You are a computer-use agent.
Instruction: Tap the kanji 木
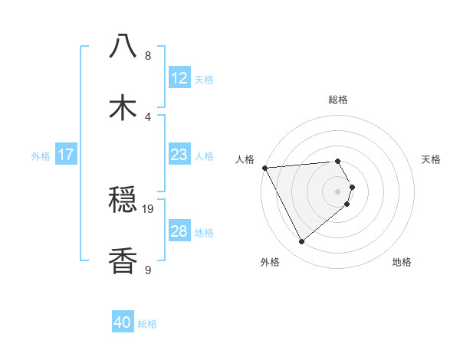click(123, 108)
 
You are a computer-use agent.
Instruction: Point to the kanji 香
click(123, 261)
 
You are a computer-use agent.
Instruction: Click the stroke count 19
click(148, 208)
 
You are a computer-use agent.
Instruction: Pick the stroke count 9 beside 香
click(148, 269)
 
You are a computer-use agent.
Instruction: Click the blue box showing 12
click(179, 78)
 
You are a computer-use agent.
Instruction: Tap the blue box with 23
click(179, 155)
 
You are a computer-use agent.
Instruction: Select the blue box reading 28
click(179, 231)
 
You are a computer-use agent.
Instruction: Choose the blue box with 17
click(66, 155)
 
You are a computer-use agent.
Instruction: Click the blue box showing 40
click(123, 322)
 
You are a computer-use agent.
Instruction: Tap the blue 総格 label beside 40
click(147, 324)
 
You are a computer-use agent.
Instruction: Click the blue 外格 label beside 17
click(41, 155)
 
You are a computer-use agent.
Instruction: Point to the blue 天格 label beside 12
click(204, 79)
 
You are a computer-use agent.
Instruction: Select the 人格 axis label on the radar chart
click(245, 159)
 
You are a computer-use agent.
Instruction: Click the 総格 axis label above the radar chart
click(337, 100)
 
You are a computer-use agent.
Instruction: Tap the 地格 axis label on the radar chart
click(402, 262)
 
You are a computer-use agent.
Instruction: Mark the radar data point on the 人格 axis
click(264, 167)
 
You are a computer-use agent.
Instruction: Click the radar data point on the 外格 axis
click(301, 242)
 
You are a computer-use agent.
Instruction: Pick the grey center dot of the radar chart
click(338, 191)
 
